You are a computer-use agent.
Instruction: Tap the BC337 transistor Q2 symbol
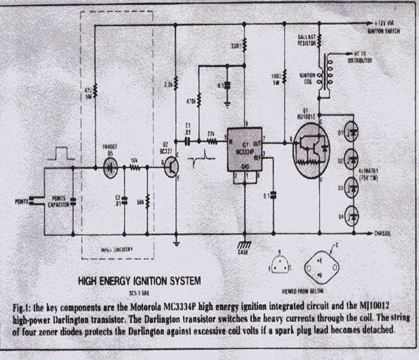(172, 167)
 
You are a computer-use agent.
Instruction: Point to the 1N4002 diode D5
(110, 167)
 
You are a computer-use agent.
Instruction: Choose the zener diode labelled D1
(352, 131)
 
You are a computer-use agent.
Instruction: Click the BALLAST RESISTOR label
(309, 40)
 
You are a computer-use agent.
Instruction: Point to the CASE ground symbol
(243, 246)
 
